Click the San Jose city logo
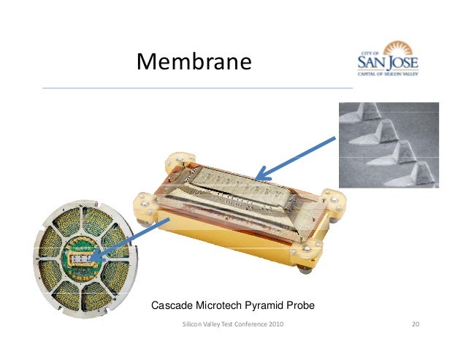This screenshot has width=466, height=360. (392, 61)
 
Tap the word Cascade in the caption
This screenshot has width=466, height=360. (172, 305)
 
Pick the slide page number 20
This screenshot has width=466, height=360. (416, 323)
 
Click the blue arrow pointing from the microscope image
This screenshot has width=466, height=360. (295, 158)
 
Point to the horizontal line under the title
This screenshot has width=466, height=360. (197, 88)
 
